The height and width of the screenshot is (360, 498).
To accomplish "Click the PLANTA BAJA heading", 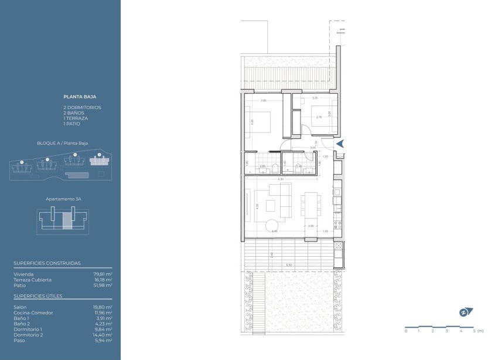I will (x=80, y=96).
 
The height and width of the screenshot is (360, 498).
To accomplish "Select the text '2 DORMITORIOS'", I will (x=82, y=108).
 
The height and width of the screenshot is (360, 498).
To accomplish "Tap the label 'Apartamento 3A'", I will (x=63, y=199).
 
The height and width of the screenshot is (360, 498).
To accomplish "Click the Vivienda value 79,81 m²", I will (x=104, y=274).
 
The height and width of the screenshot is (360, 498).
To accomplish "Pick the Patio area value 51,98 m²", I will (x=104, y=286).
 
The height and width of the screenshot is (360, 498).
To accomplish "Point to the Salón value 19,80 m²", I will (x=104, y=307).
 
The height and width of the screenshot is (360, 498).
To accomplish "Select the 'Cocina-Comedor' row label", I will (x=33, y=313).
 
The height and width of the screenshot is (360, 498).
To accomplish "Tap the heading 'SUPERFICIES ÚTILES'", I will (x=37, y=297).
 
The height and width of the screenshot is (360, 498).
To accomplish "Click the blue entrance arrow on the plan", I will (x=340, y=144).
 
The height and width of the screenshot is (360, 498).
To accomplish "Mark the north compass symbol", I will (x=466, y=313).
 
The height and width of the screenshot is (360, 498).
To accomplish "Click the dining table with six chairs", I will (x=311, y=205).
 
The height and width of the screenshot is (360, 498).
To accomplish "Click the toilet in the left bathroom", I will (x=262, y=169).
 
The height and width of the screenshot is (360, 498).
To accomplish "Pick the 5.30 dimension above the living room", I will (x=281, y=179).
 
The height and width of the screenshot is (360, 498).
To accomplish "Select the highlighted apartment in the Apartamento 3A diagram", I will (x=67, y=220).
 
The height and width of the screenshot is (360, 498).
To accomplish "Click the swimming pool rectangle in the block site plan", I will (x=74, y=176).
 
